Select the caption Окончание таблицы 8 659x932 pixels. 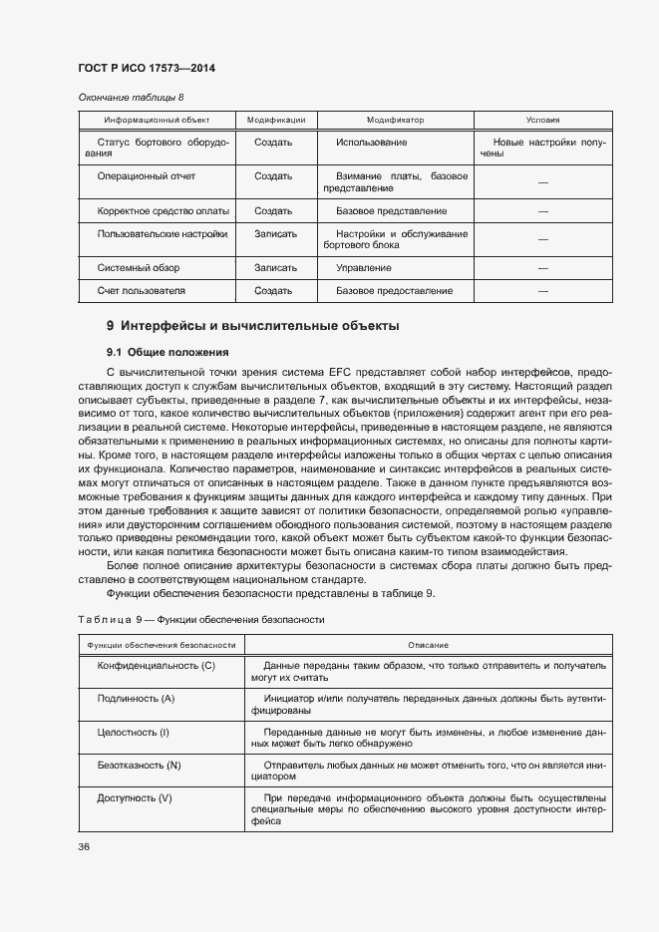point(131,98)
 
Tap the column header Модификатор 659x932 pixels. point(395,120)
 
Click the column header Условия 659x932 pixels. point(542,120)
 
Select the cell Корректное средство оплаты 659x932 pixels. point(164,211)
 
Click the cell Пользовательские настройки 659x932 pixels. point(163,233)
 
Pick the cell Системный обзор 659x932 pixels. point(134,268)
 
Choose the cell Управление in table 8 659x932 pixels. point(363,268)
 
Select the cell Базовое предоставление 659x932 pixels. point(394,291)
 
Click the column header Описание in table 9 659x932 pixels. point(428,645)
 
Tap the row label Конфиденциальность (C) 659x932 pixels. point(156,665)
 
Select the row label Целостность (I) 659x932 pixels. point(134,733)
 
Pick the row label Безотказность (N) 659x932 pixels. point(139,766)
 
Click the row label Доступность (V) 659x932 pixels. point(135,798)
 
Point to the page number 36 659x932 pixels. point(84,846)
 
